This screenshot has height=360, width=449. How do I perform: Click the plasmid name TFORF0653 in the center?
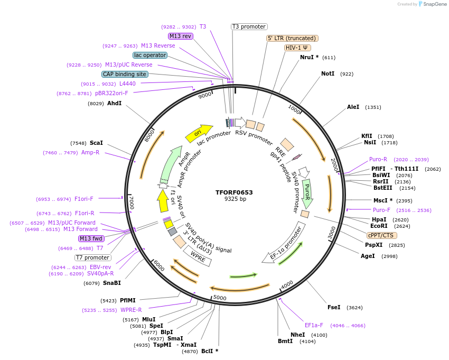(x=234, y=192)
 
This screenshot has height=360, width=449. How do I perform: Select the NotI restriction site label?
(x=328, y=73)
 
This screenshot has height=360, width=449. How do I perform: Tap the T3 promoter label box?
(x=249, y=26)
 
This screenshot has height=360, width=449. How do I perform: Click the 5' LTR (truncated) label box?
(x=292, y=38)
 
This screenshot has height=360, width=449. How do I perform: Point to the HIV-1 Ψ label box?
(x=297, y=48)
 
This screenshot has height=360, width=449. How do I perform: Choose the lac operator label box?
(x=150, y=55)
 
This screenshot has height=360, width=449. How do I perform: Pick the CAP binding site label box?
(x=125, y=75)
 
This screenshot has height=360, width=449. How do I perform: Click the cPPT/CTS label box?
(x=381, y=235)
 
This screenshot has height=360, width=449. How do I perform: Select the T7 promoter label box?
(x=92, y=258)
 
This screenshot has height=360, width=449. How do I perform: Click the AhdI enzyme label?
(x=115, y=104)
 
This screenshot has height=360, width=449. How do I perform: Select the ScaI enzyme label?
(x=96, y=143)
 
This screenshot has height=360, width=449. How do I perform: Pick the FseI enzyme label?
(x=334, y=307)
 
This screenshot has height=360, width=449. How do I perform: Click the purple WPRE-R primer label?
(x=132, y=310)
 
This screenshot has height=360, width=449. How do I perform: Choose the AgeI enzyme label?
(x=368, y=256)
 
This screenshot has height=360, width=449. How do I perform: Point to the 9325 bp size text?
(x=235, y=199)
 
